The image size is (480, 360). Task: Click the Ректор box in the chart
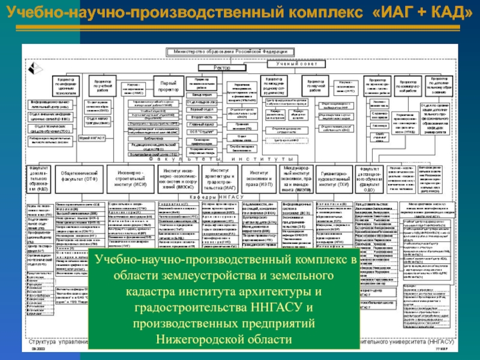221,68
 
